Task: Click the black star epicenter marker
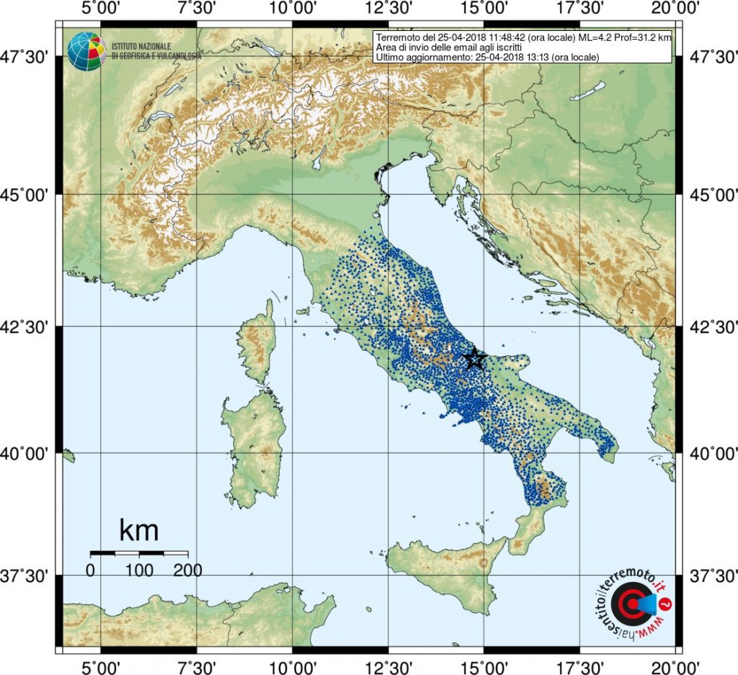tap(474, 358)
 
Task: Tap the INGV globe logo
tap(86, 51)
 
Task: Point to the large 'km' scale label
tap(138, 531)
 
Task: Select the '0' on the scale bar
tap(91, 570)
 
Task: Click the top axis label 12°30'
tap(388, 9)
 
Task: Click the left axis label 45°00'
tap(28, 195)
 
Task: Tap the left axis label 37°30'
tap(28, 576)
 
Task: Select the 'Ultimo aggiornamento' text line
tap(488, 57)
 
